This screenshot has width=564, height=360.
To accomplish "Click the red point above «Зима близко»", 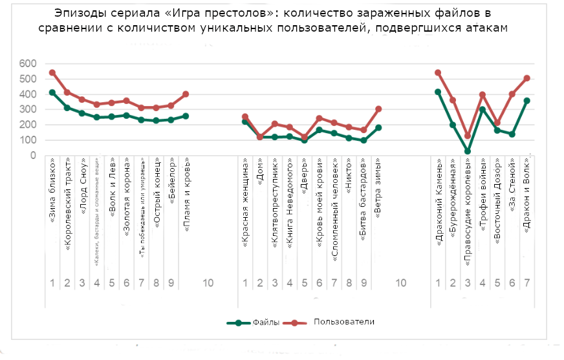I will tap(52, 73).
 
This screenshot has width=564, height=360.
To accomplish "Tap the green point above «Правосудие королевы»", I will tap(468, 151).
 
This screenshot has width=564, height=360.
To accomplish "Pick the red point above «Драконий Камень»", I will tap(438, 73).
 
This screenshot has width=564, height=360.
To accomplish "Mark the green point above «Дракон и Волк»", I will tap(527, 101).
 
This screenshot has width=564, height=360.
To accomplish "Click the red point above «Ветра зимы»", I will tap(378, 109).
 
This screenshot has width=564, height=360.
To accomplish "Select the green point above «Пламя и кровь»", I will tap(186, 116).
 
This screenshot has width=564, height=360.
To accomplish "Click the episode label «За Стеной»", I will tap(512, 188).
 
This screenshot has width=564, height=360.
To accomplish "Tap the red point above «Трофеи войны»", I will tap(483, 95).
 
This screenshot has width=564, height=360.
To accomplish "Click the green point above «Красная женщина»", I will tap(245, 122).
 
